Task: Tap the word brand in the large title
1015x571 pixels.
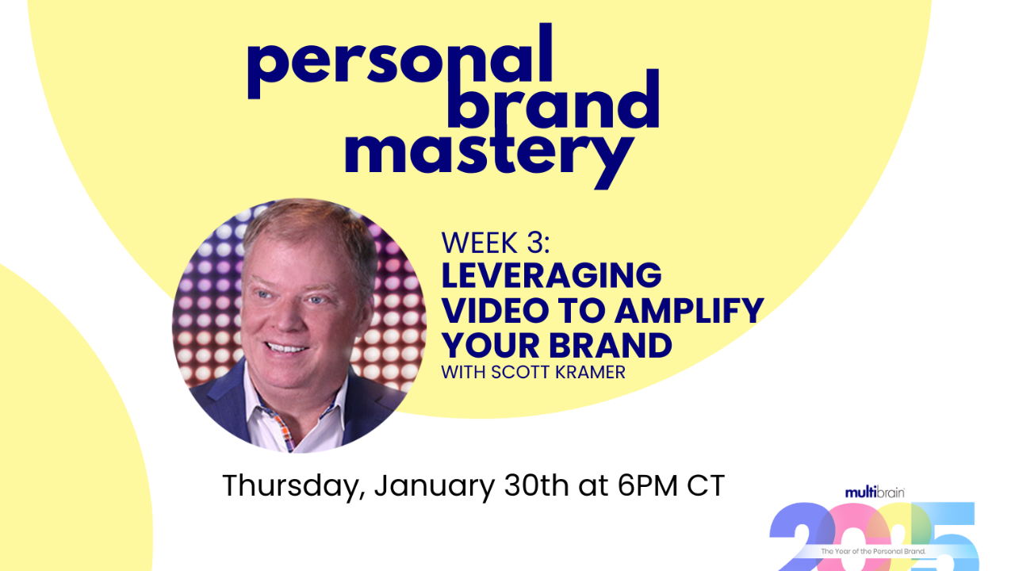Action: click(x=553, y=103)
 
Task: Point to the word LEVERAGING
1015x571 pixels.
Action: click(x=551, y=276)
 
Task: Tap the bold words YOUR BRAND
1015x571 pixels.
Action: click(x=557, y=346)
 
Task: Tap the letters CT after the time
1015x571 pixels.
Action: click(x=706, y=485)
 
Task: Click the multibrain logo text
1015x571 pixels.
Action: click(x=874, y=492)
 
